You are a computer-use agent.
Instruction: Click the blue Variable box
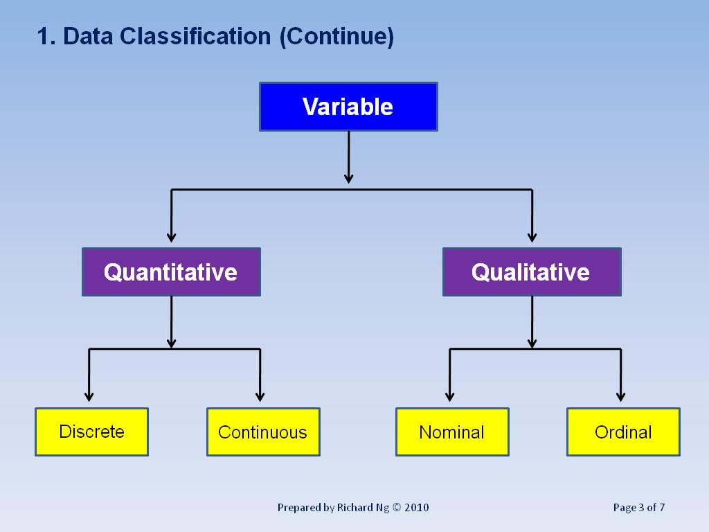[x=348, y=107]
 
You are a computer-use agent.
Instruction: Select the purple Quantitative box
[x=171, y=272]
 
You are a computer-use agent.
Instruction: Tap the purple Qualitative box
[x=532, y=272]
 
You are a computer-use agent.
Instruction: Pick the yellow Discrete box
[x=91, y=432]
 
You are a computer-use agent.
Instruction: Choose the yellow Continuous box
[x=263, y=432]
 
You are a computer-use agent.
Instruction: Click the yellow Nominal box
[x=452, y=432]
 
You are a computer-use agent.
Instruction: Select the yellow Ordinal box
[x=623, y=432]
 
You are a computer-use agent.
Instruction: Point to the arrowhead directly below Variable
[x=348, y=178]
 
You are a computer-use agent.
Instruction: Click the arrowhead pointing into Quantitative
[x=171, y=237]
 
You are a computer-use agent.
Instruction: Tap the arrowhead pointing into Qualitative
[x=532, y=237]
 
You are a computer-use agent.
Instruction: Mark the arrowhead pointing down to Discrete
[x=89, y=396]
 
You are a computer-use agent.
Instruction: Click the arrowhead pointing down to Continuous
[x=260, y=396]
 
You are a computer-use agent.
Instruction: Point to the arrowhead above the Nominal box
[x=450, y=396]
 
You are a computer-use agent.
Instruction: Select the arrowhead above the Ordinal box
[x=621, y=396]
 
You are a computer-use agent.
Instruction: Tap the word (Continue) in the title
[x=336, y=37]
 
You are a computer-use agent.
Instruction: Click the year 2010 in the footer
[x=416, y=508]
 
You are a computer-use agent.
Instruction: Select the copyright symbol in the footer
[x=396, y=508]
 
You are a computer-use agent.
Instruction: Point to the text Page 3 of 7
[x=639, y=508]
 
